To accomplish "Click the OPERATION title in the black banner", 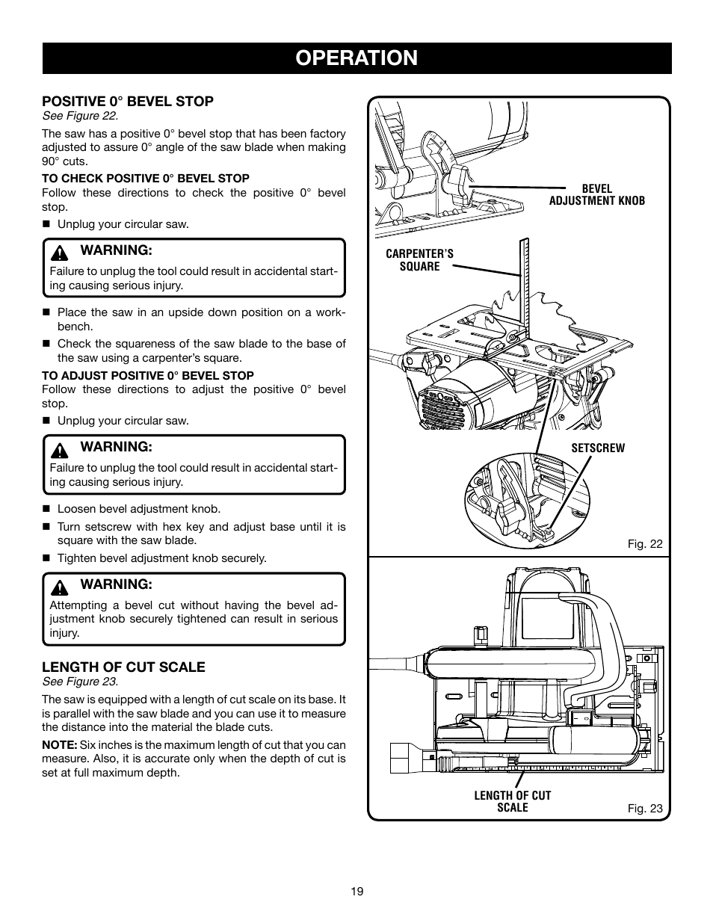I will click(356, 58).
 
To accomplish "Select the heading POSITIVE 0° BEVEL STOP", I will click(128, 101).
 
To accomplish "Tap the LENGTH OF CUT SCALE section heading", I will click(123, 667).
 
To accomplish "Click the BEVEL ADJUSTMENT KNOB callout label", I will click(596, 194).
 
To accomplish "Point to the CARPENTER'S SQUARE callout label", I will click(419, 260).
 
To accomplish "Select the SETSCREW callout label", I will click(598, 448).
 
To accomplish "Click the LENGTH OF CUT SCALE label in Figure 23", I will click(512, 801).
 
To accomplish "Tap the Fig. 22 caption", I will click(644, 543).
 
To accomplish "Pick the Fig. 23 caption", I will click(644, 808).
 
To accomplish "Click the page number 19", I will click(356, 891).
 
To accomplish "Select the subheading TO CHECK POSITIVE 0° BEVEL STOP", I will click(146, 178).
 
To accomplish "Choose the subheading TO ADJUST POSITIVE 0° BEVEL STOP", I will click(148, 375).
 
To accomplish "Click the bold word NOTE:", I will click(59, 744).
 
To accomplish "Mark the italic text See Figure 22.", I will click(80, 116).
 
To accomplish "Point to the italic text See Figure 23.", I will click(80, 682).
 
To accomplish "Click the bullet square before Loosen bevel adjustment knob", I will click(46, 510).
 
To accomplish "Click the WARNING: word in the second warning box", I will click(116, 446).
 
